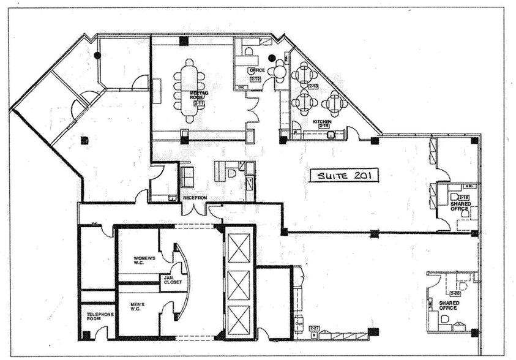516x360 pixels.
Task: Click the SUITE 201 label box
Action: tap(343, 176)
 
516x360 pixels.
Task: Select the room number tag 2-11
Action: tap(198, 103)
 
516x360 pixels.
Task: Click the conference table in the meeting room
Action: tap(190, 90)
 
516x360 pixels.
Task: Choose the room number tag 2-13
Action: tap(313, 86)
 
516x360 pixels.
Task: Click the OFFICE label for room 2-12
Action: tap(256, 70)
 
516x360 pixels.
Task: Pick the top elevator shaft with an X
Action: tap(239, 247)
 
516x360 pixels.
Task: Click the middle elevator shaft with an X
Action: tap(239, 283)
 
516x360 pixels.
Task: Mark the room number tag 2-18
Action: tap(465, 197)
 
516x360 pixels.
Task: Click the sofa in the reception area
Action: tap(187, 177)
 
